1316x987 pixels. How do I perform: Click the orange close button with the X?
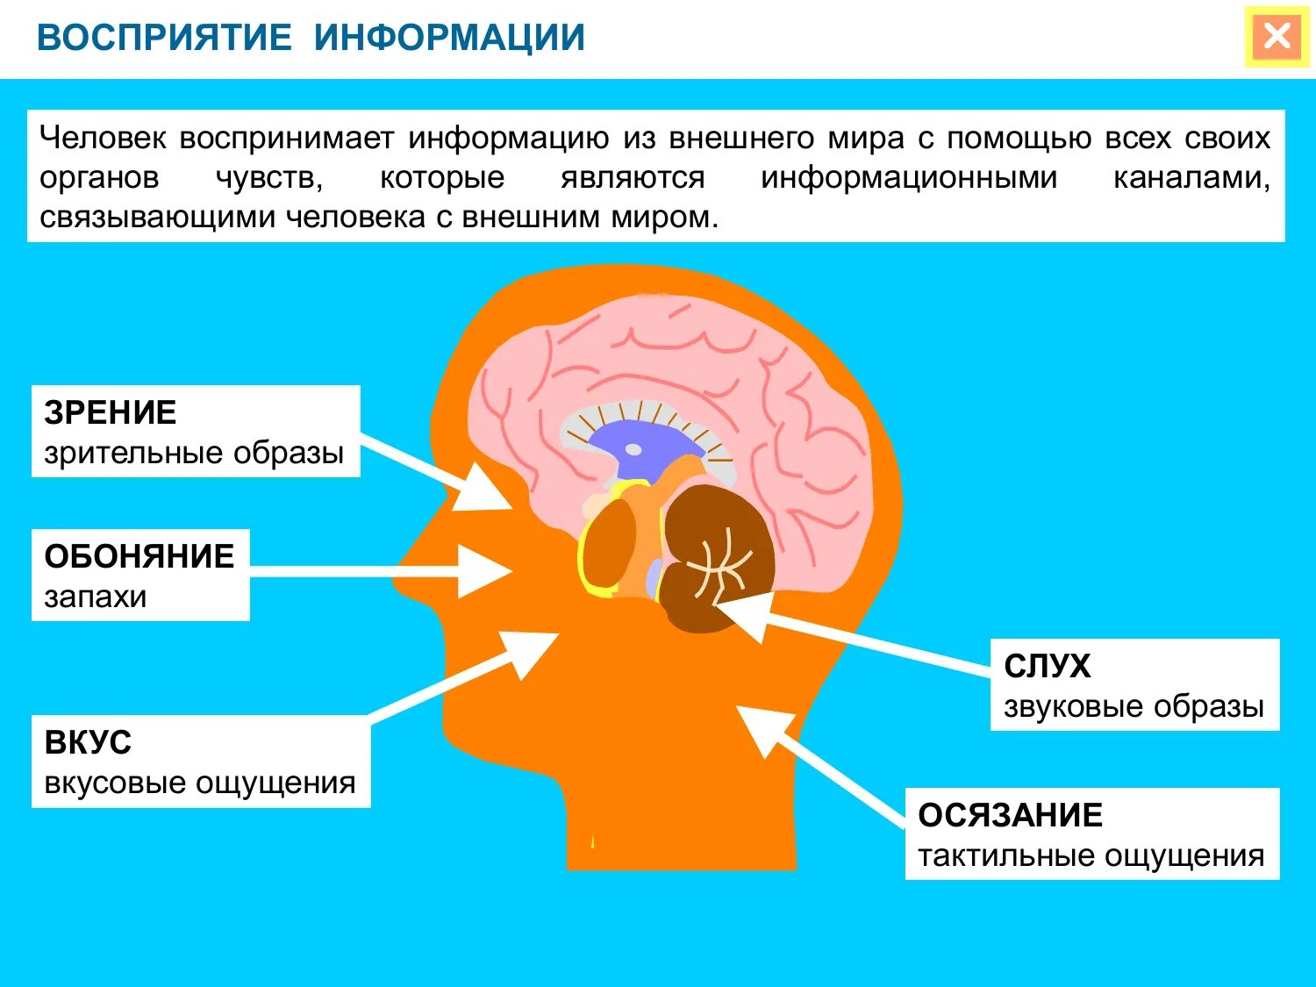pos(1277,37)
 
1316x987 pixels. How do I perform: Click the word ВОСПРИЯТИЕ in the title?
pos(164,38)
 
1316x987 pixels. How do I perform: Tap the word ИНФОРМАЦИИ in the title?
pos(449,38)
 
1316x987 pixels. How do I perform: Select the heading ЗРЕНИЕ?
pos(111,412)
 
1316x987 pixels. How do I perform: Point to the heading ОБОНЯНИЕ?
pos(139,556)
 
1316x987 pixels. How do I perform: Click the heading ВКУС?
pos(88,743)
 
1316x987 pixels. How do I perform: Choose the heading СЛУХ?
pos(1047,667)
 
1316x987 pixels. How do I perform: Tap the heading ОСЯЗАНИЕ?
pos(1010,816)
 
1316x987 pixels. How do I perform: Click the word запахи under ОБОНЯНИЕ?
pos(96,597)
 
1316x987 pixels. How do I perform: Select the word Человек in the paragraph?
pos(102,139)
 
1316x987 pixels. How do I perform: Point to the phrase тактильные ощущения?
pos(1091,855)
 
